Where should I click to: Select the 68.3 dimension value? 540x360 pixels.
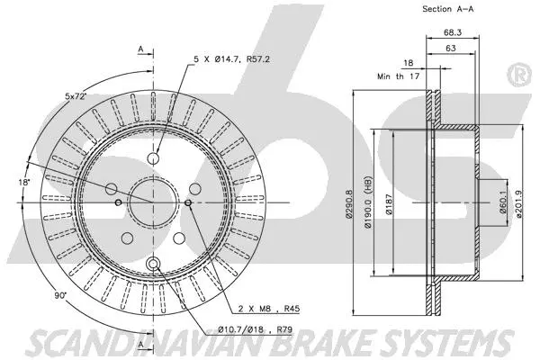[x=447, y=33]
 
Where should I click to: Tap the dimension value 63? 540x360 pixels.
[x=447, y=50]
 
